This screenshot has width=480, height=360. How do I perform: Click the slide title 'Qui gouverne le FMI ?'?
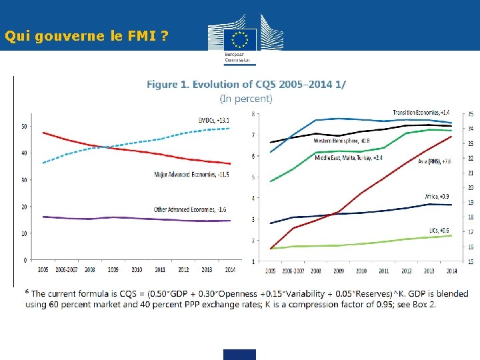coord(85,37)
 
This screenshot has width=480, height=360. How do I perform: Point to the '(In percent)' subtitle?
coord(246,99)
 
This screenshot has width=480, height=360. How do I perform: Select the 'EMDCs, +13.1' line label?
coord(214,120)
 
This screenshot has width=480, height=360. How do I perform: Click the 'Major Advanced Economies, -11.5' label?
coord(191,175)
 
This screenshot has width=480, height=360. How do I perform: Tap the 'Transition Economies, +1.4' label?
coord(421,113)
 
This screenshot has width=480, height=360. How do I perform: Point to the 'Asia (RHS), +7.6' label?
coord(435,161)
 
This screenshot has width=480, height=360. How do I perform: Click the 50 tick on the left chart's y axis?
coord(24,126)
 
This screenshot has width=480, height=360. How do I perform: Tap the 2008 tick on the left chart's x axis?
coord(90,270)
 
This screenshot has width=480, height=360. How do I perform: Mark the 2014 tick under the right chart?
coord(451,271)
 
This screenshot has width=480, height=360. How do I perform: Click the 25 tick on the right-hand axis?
coord(471,115)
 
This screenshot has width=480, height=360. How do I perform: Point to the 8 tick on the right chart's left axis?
coord(253,114)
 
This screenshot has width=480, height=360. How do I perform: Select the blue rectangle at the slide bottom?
coord(240,354)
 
